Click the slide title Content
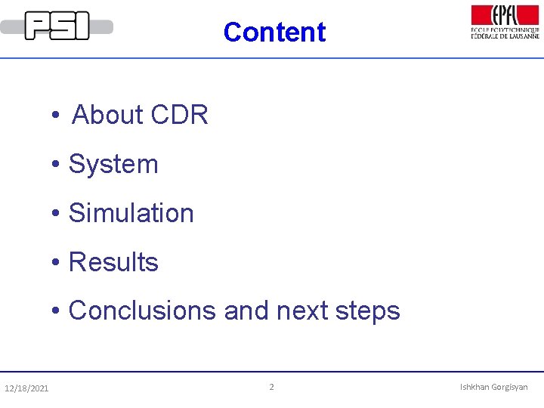point(274,32)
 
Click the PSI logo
point(57,26)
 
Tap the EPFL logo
point(505,22)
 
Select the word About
point(107,115)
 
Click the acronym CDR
point(179,115)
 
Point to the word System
point(113,164)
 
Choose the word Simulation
point(131,213)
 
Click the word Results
point(113,262)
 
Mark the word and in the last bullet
point(246,311)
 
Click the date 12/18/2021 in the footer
point(26,388)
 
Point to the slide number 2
point(272,387)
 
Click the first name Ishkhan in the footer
point(474,387)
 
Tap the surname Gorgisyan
point(510,388)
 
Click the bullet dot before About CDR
point(56,116)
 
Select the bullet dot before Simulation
point(56,215)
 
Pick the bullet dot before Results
point(56,264)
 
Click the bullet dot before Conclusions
point(56,312)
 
